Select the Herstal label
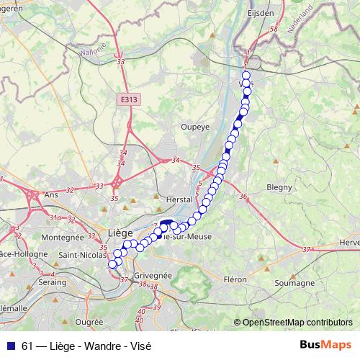pos(180,199)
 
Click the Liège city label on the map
pos(120,233)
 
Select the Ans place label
pos(51,194)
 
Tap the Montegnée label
pos(63,237)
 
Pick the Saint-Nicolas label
pos(82,253)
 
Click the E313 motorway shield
pos(130,99)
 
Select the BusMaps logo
pos(328,346)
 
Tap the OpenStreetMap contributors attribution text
pos(297,323)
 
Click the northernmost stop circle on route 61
pos(246,76)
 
